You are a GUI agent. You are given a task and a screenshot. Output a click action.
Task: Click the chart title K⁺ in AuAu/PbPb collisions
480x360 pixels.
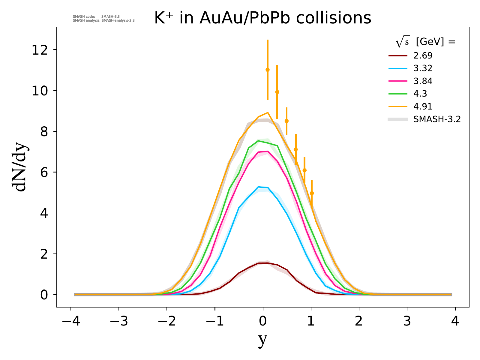[x=263, y=18]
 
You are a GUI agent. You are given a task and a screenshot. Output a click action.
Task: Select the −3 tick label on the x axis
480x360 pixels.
[x=119, y=321]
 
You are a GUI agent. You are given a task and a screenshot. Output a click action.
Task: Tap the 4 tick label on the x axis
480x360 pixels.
[x=455, y=321]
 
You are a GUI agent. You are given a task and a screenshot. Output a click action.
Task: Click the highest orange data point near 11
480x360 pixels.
[x=268, y=70]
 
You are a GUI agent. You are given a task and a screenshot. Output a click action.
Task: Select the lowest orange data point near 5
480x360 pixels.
[x=312, y=193]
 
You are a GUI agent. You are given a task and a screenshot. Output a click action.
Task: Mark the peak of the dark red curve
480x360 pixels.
[x=268, y=263]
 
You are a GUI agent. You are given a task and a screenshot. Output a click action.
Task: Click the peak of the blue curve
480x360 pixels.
[x=258, y=187]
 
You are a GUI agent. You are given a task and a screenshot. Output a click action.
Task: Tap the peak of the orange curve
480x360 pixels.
[x=268, y=112]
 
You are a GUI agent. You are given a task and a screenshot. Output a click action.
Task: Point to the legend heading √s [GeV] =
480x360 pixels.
[x=425, y=42]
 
